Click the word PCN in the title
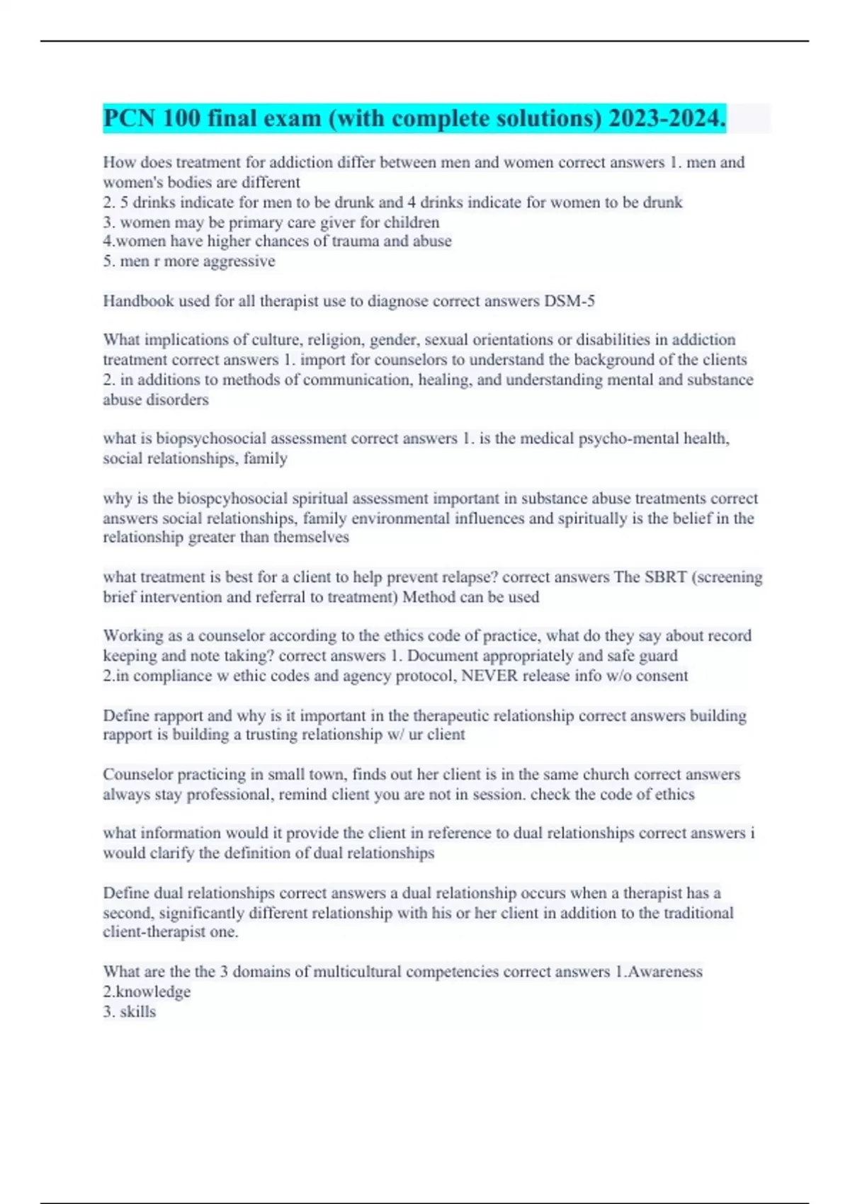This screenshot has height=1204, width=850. tap(129, 118)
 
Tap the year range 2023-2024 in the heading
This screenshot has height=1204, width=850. tap(666, 118)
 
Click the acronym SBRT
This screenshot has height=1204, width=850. tap(666, 577)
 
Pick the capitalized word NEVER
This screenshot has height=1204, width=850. tap(489, 676)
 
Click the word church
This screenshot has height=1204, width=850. tap(606, 774)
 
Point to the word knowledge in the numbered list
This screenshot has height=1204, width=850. tap(153, 992)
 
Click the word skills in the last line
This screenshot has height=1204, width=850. tap(138, 1011)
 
